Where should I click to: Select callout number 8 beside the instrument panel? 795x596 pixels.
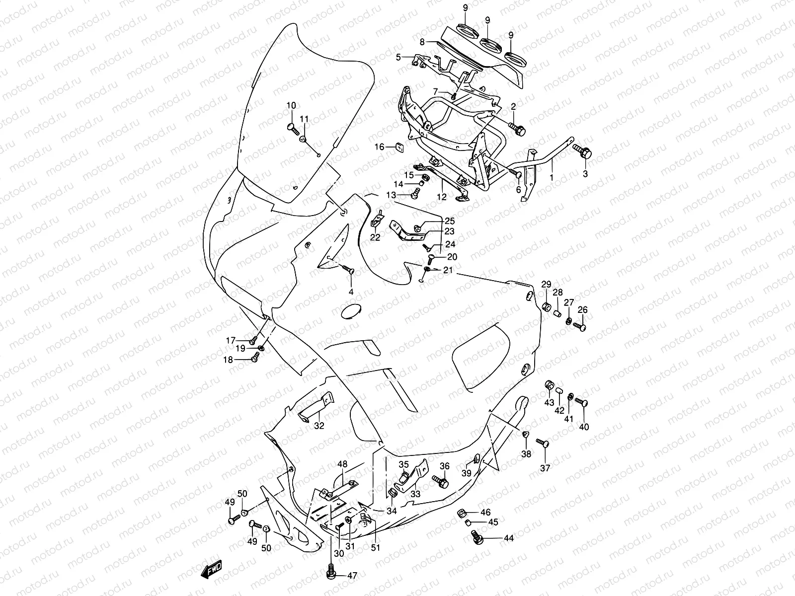click(x=422, y=42)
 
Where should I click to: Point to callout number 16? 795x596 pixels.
click(x=379, y=147)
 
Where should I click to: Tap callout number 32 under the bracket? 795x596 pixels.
click(x=319, y=425)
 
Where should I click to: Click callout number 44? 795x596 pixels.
click(x=508, y=538)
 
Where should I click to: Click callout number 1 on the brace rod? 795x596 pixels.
click(x=551, y=176)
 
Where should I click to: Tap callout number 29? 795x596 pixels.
click(x=546, y=284)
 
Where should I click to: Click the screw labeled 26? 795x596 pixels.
click(x=580, y=326)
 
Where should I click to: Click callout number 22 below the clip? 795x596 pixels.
click(x=375, y=237)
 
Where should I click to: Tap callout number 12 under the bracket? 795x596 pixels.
click(x=442, y=197)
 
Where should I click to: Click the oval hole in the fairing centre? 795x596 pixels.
click(x=352, y=312)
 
